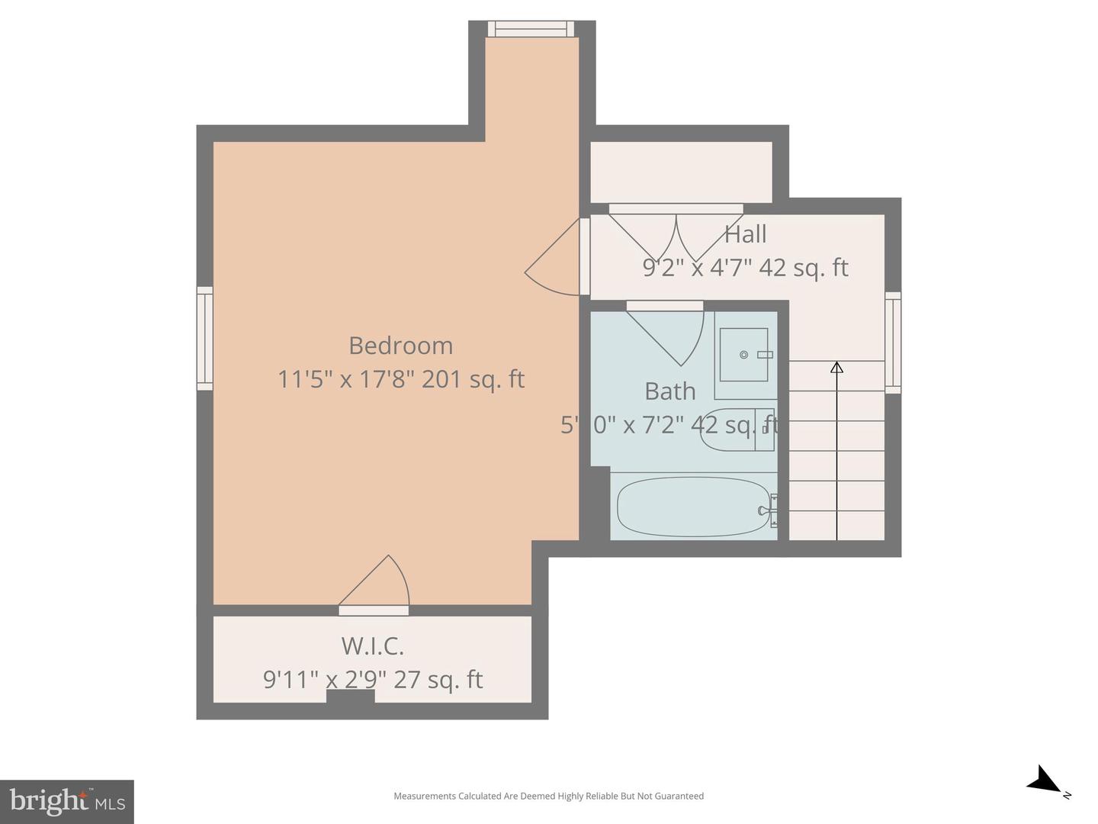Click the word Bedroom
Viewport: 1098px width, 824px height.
(400, 346)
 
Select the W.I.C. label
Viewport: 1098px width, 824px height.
(372, 646)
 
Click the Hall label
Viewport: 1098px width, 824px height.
(745, 234)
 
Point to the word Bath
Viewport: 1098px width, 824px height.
(669, 391)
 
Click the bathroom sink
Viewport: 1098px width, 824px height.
(744, 355)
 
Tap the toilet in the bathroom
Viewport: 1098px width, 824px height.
(736, 430)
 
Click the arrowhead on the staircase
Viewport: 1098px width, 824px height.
(836, 368)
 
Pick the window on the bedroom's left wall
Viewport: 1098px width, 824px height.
(204, 338)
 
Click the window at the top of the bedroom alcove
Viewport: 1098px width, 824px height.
(531, 29)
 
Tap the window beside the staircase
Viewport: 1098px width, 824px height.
(893, 343)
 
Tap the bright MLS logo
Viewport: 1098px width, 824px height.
(67, 801)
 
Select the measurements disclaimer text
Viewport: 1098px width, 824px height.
(548, 796)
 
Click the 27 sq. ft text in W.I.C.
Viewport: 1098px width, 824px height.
(438, 680)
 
